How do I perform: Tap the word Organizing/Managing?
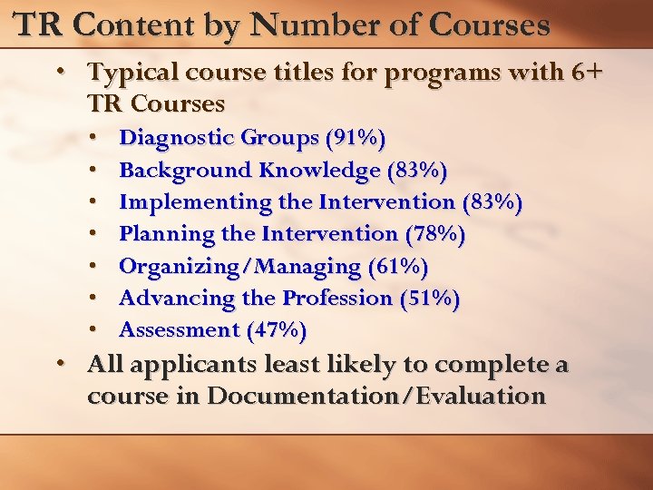(x=240, y=267)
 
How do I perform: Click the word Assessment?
(x=179, y=330)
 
